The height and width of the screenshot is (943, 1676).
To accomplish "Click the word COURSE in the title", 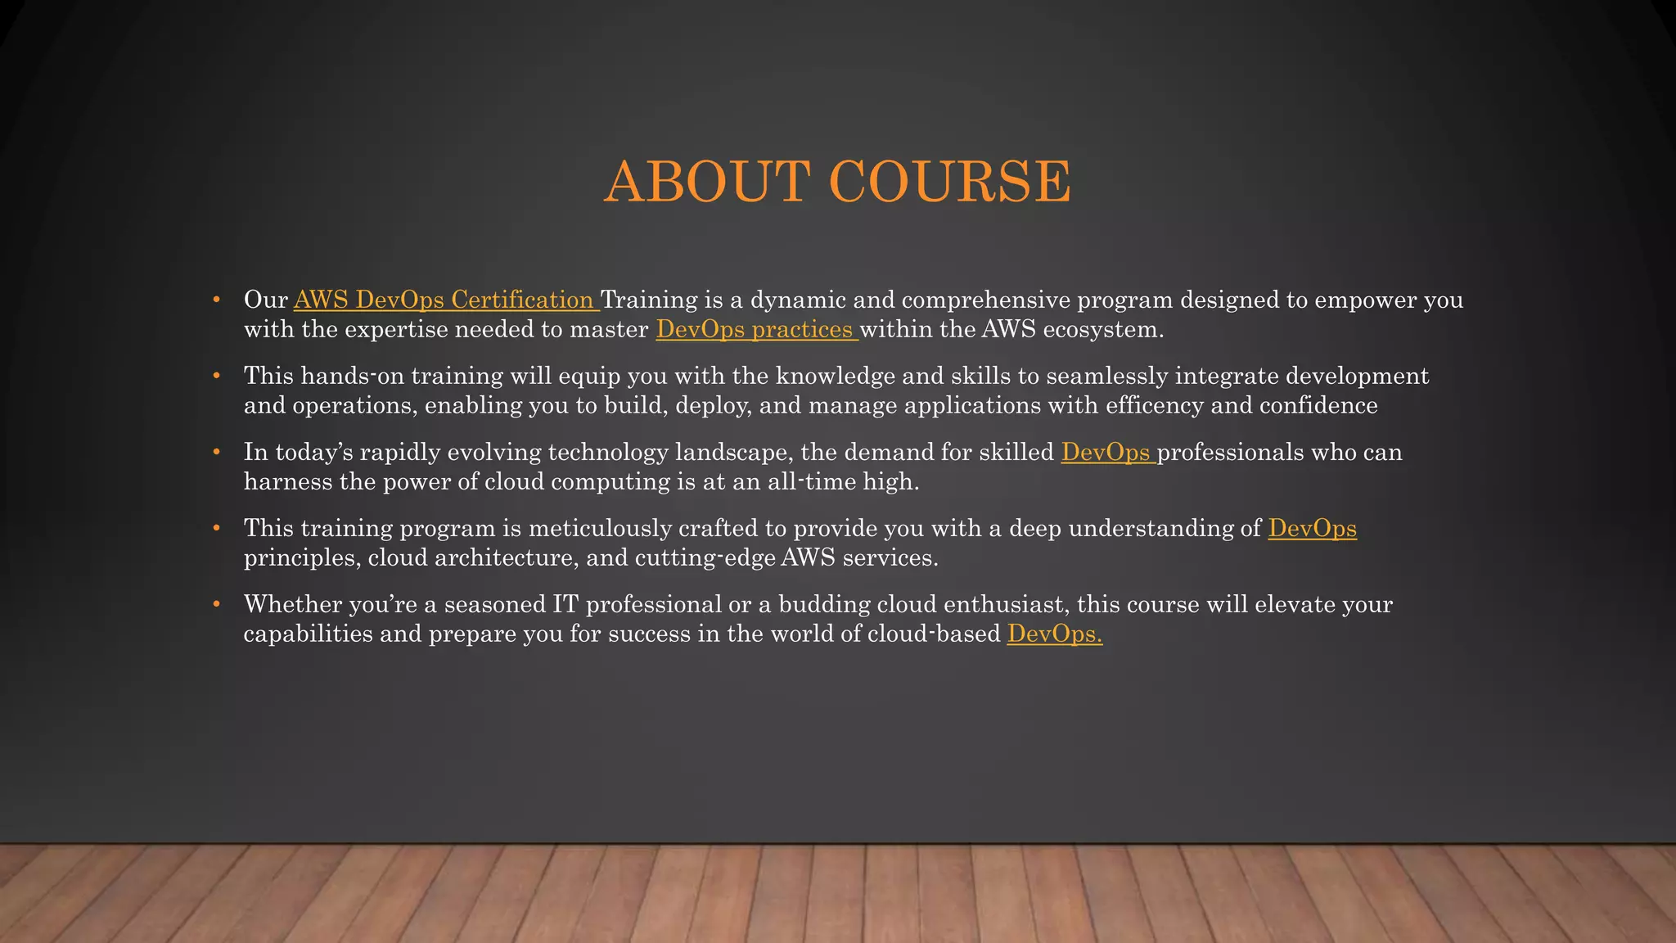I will click(950, 181).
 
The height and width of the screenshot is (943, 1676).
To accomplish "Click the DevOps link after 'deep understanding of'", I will click(1312, 529).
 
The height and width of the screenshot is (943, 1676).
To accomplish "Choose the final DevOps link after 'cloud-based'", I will click(1054, 634).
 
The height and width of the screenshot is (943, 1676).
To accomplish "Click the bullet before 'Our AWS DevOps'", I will click(216, 300).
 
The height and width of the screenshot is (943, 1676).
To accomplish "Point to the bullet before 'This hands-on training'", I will click(216, 377).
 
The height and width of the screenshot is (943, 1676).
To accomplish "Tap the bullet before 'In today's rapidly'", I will click(216, 453).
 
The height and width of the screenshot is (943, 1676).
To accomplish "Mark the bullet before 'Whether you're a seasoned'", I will click(216, 605).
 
